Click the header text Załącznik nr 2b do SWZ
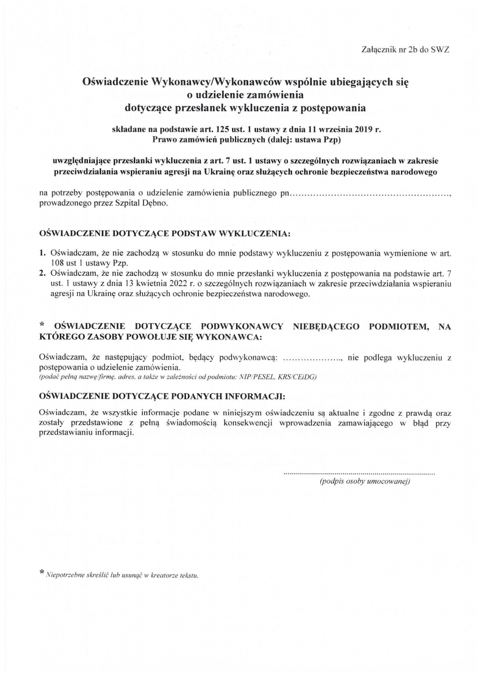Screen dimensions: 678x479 click(404, 50)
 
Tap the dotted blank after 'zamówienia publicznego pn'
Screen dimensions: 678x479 click(370, 194)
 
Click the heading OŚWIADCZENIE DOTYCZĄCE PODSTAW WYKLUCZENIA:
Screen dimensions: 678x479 click(164, 233)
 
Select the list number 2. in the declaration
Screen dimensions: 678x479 click(42, 273)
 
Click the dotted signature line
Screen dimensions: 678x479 click(359, 471)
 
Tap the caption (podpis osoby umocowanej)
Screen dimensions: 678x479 click(364, 481)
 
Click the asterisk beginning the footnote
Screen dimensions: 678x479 click(41, 573)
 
